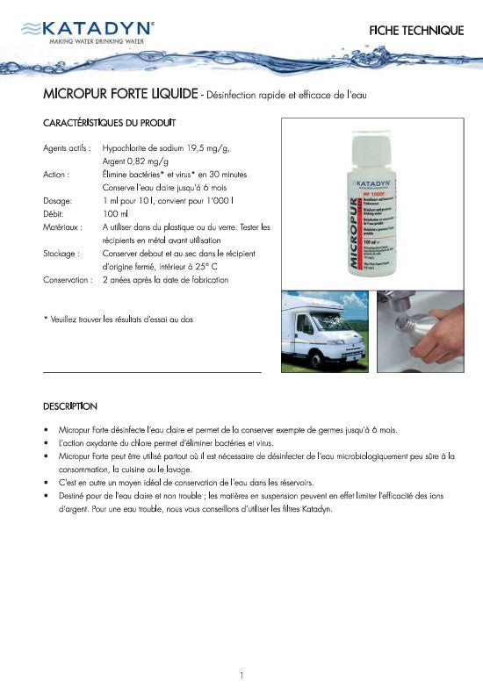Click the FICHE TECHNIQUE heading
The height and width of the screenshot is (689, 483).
pos(417,31)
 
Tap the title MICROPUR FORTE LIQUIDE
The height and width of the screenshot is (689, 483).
pos(119,94)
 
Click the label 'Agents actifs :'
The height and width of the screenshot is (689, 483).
pos(67,148)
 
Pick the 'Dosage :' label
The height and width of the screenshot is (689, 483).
pos(59,201)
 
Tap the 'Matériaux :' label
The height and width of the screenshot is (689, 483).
pos(63,227)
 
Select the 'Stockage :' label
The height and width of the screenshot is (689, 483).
pos(61,254)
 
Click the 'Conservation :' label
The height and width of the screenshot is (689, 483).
pos(68,280)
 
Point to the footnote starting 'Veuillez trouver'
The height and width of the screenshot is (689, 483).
pos(119,319)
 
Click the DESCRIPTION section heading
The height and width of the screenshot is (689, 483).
pos(70,406)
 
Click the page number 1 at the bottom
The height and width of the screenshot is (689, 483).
pos(241,675)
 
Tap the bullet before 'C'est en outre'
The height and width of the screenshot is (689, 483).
pos(46,483)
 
